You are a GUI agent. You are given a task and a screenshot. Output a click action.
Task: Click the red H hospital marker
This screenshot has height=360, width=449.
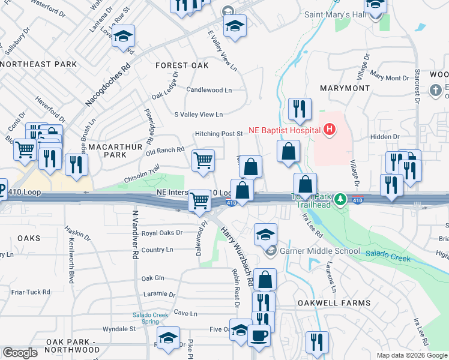click(x=329, y=128)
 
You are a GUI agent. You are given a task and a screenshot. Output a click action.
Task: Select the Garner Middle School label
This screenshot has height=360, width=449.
click(x=319, y=251)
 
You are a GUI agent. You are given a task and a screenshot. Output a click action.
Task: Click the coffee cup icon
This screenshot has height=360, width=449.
click(x=259, y=335)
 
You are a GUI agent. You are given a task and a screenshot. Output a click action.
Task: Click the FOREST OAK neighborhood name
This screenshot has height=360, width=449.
click(x=181, y=65)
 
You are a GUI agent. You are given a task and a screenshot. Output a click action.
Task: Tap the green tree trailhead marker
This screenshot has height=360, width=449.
click(x=340, y=199)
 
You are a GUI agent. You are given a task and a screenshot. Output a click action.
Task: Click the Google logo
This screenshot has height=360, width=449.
click(x=20, y=353)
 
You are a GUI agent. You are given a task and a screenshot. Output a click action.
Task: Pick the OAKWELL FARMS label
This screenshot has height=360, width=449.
click(x=334, y=303)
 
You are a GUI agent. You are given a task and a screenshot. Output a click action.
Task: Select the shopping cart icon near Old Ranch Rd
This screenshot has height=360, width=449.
click(x=203, y=160)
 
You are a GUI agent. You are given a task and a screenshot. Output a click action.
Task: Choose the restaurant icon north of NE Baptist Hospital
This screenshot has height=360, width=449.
click(x=299, y=109)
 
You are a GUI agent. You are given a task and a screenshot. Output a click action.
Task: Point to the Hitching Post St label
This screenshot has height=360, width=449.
click(x=218, y=134)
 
